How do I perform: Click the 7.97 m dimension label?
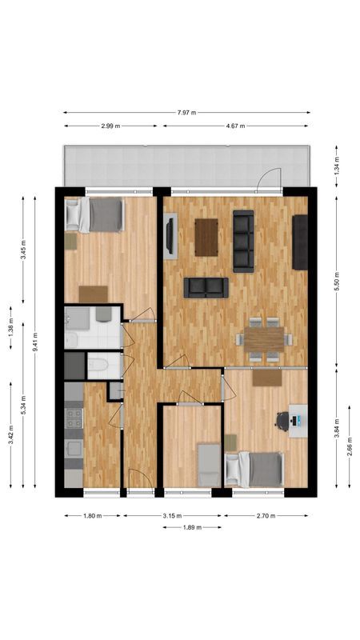pyautogui.click(x=186, y=113)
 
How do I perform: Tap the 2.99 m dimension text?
pyautogui.click(x=110, y=126)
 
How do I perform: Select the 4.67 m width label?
pyautogui.click(x=235, y=126)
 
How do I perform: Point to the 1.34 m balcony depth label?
pyautogui.click(x=337, y=166)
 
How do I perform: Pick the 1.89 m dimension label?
pyautogui.click(x=192, y=527)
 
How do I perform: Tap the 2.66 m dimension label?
pyautogui.click(x=350, y=446)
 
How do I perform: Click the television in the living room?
pyautogui.click(x=170, y=236)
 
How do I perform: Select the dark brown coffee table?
pyautogui.click(x=206, y=238)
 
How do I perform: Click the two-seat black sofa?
pyautogui.click(x=206, y=288)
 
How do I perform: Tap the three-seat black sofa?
pyautogui.click(x=243, y=242)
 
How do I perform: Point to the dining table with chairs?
pyautogui.click(x=265, y=339)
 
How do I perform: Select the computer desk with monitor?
pyautogui.click(x=298, y=421)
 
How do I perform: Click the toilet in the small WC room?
pyautogui.click(x=97, y=366)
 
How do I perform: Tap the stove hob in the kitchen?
pyautogui.click(x=74, y=418)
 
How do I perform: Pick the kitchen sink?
pyautogui.click(x=74, y=449)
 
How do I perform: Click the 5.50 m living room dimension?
pyautogui.click(x=337, y=282)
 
